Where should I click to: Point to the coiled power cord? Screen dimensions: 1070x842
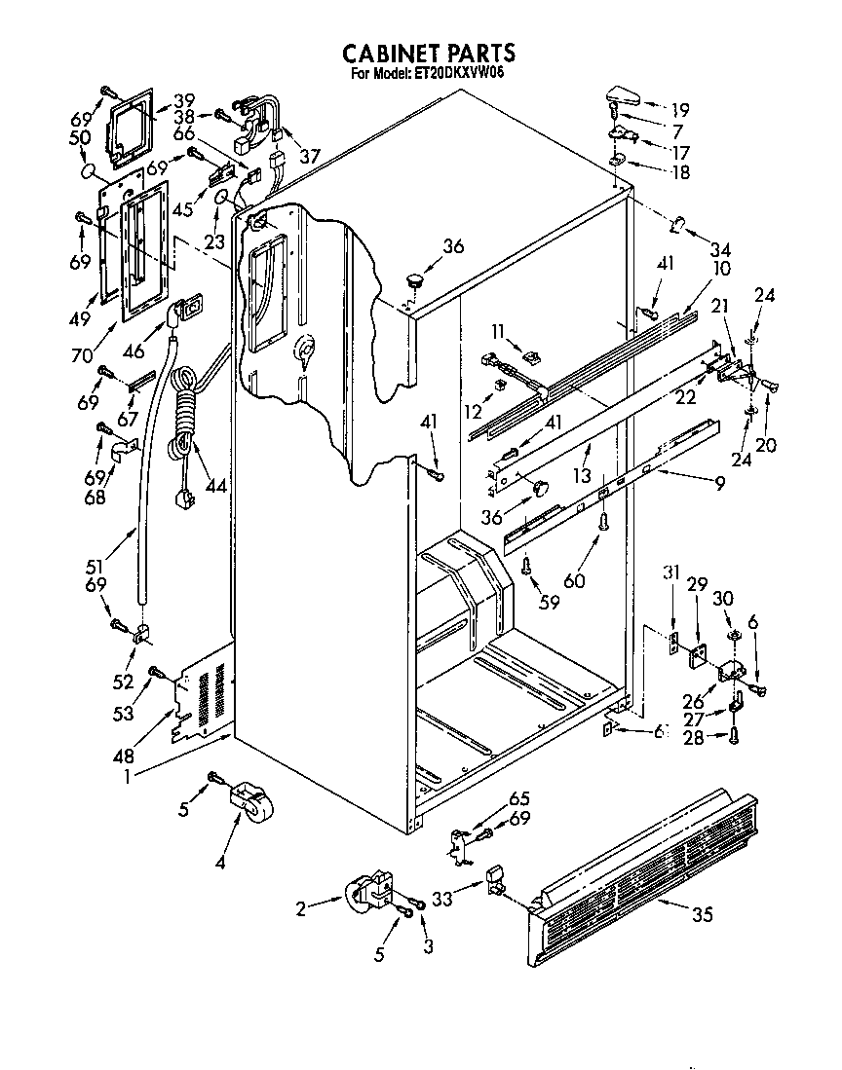pyautogui.click(x=182, y=419)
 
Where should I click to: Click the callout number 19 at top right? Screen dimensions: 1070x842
pyautogui.click(x=679, y=109)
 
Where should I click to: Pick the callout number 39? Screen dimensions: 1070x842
pyautogui.click(x=184, y=100)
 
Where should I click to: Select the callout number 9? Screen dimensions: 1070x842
pyautogui.click(x=719, y=481)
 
